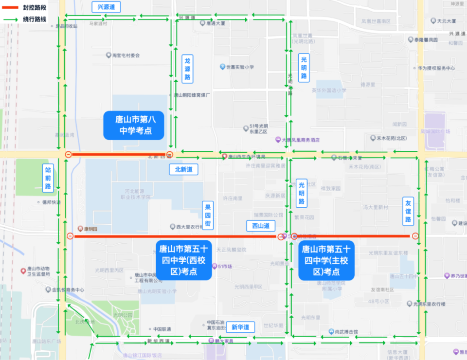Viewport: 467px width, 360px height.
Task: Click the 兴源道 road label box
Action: click(106, 7)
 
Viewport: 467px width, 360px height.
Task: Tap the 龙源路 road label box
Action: click(187, 69)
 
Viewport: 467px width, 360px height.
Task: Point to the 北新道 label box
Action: click(183, 169)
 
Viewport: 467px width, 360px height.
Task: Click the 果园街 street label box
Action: click(208, 215)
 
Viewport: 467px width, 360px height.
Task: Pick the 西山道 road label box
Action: click(260, 226)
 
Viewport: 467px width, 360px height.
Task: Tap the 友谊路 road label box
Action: click(408, 211)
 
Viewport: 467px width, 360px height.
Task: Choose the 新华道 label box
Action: click(240, 327)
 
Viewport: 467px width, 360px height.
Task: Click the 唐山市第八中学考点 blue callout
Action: click(134, 125)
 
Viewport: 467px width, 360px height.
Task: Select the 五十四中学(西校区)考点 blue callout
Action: click(184, 260)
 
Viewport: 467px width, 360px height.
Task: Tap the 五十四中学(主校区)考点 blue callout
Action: click(326, 260)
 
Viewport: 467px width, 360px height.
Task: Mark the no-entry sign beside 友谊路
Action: click(415, 236)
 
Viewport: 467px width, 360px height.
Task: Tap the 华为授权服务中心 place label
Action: click(436, 69)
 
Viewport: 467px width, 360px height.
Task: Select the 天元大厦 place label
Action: click(446, 21)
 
